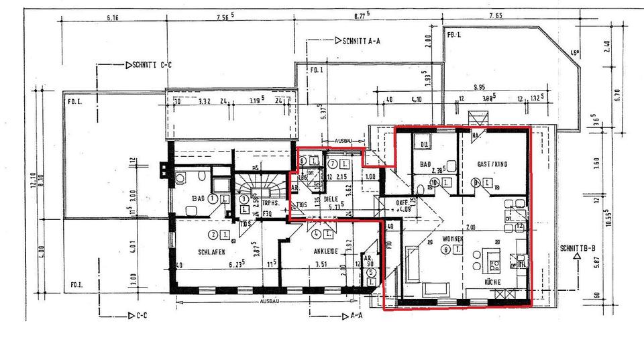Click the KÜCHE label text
[x=492, y=282]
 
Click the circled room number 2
[x=213, y=234]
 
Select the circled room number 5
[x=370, y=273]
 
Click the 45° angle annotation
[x=574, y=54]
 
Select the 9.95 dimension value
[x=478, y=88]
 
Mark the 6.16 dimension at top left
[x=111, y=19]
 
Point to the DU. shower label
[x=425, y=143]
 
